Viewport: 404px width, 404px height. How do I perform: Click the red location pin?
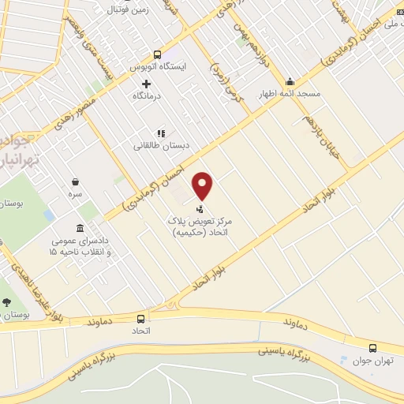point(204,185)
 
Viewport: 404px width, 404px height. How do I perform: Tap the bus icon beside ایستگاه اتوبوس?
point(157,55)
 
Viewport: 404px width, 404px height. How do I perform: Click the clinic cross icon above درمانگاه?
point(146,84)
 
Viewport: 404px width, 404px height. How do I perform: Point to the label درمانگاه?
point(148,95)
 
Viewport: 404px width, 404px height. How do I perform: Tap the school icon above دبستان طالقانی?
point(160,133)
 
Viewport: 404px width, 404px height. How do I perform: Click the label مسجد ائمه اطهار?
point(290,93)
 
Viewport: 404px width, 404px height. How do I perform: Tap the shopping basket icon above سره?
point(75,181)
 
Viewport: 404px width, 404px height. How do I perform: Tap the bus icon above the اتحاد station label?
point(140,319)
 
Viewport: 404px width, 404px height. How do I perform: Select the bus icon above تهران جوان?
point(373,348)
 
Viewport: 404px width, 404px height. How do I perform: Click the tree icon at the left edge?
point(7,301)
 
